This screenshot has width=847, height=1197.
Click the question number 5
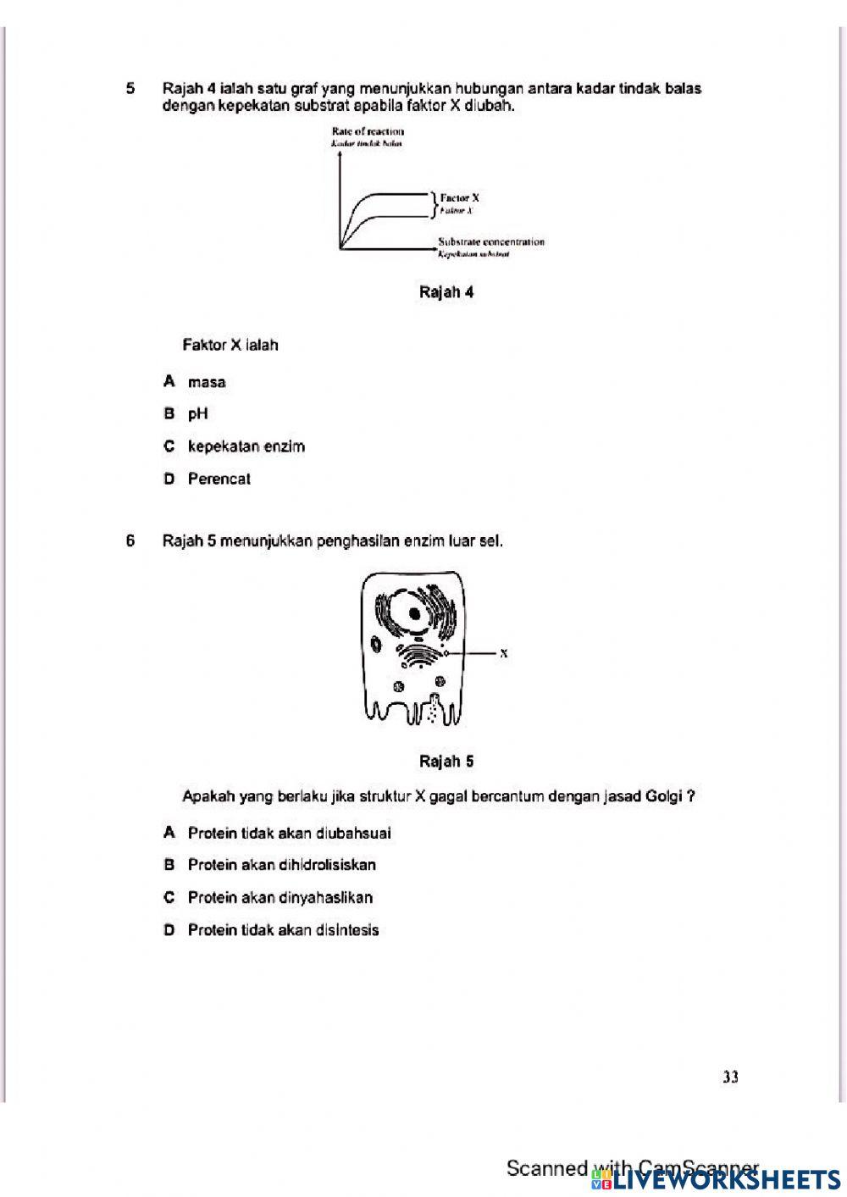click(x=130, y=88)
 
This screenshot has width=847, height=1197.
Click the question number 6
click(x=130, y=540)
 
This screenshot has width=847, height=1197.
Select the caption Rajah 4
click(x=446, y=292)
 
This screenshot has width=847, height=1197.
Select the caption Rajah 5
click(x=446, y=761)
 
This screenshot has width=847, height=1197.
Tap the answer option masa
click(x=207, y=382)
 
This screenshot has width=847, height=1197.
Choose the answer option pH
click(x=197, y=414)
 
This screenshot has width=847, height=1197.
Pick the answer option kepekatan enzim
click(x=246, y=446)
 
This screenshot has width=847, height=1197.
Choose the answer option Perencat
click(x=219, y=479)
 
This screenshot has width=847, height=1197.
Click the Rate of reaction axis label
click(x=368, y=131)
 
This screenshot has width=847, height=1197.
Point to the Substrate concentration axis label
click(x=491, y=241)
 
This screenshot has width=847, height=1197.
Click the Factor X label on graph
click(x=460, y=197)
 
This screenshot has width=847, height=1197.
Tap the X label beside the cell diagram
click(x=503, y=653)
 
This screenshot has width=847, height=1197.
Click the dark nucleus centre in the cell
click(x=414, y=614)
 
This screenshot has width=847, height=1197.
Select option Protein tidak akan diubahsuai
click(x=289, y=833)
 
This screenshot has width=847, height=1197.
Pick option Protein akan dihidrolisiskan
click(x=281, y=865)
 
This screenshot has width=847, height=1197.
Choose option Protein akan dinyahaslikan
click(x=280, y=897)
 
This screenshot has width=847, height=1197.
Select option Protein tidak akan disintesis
click(x=283, y=930)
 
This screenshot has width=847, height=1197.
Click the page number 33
click(x=730, y=1077)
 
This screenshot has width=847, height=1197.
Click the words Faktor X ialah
click(x=230, y=345)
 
